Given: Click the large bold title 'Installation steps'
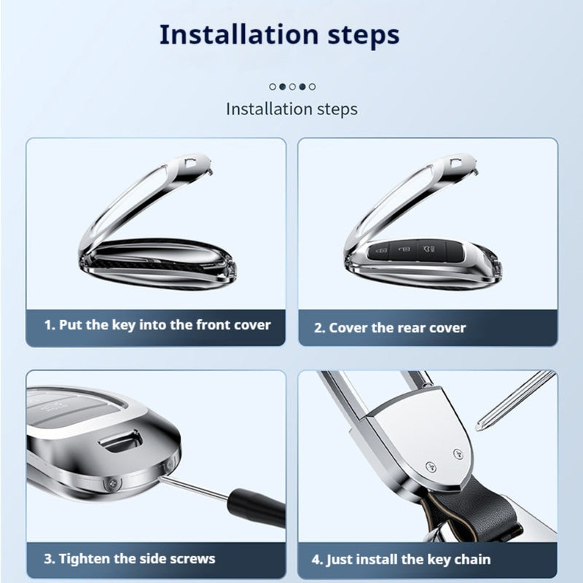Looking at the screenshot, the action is pos(279,35).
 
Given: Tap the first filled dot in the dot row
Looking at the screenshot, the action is pos(283,87).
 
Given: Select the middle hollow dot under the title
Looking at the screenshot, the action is pos(293,87).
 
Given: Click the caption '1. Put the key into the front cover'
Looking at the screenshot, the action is pos(157,325).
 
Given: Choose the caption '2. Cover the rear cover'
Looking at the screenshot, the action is pos(390,328).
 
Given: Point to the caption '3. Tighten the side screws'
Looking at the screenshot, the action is pos(130,559).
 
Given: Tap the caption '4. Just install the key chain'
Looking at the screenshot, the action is pos(402,560).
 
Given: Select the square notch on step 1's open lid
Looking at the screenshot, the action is pos(191,163).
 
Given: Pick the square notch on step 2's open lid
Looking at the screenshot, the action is pos(457,163).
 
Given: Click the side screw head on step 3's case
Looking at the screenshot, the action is pos(112,484).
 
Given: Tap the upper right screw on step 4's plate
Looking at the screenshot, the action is pos(458,454).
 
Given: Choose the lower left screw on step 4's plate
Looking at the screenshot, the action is pos(431,467).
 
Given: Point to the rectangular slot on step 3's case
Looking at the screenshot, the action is pos(121,441).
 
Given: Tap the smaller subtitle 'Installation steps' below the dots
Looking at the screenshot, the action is pos(292,109).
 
